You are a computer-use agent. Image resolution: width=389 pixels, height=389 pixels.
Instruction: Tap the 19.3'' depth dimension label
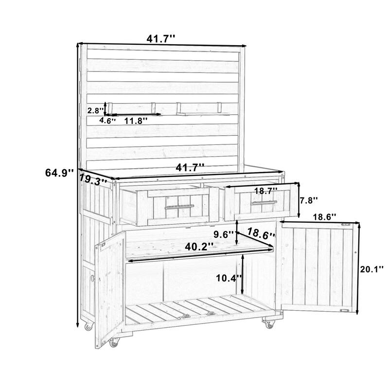(x=93, y=179)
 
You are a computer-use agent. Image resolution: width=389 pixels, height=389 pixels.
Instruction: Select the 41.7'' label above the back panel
(x=162, y=37)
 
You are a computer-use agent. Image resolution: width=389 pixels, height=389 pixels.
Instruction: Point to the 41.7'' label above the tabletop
(x=190, y=168)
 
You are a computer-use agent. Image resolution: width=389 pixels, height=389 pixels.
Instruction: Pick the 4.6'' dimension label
(x=107, y=121)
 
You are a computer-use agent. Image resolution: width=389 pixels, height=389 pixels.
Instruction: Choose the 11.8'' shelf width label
(x=136, y=121)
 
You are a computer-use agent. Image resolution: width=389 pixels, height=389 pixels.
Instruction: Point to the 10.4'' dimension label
(x=228, y=278)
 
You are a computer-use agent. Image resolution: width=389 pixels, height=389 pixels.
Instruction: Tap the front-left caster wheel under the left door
(x=114, y=343)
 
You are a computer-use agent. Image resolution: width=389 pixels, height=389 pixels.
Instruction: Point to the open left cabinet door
(x=109, y=287)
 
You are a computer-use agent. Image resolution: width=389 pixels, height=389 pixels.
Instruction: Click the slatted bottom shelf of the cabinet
(x=194, y=309)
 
